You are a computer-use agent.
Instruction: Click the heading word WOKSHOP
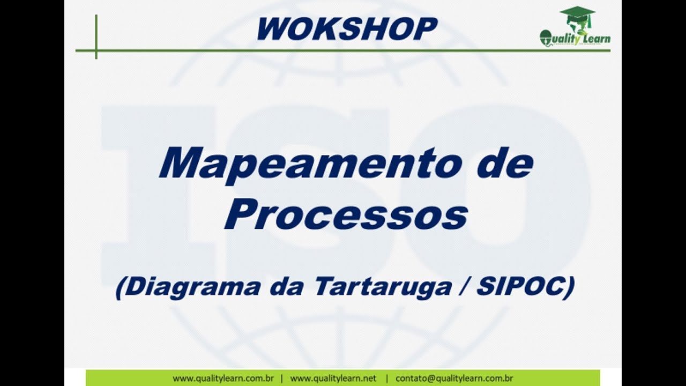click(347, 29)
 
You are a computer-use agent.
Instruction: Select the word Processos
click(346, 214)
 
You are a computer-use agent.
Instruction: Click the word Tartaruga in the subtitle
click(382, 287)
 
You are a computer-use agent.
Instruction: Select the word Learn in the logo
click(594, 39)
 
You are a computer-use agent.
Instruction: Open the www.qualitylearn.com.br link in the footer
click(223, 378)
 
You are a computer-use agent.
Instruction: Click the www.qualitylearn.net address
click(333, 378)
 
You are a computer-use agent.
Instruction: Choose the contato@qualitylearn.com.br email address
click(454, 378)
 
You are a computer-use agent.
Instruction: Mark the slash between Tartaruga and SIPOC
click(463, 287)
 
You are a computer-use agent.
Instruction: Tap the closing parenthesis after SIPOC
click(569, 288)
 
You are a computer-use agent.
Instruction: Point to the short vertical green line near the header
click(96, 36)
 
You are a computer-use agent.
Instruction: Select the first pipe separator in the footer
click(282, 378)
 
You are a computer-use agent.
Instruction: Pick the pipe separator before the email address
click(386, 378)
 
